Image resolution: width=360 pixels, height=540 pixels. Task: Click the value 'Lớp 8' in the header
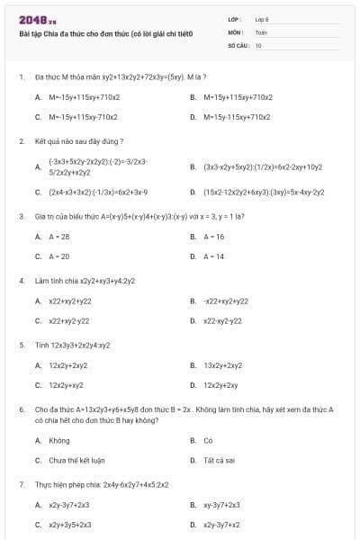(x=262, y=19)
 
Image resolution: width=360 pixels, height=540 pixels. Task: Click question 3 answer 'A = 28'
(x=59, y=237)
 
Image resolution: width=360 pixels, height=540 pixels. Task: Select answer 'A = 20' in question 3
(x=59, y=256)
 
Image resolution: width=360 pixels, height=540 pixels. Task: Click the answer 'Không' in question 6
(x=59, y=440)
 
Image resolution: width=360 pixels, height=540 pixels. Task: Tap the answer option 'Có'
(x=208, y=440)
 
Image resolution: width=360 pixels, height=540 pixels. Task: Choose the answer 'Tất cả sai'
(x=218, y=460)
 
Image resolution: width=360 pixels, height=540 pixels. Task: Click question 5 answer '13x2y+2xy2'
(x=223, y=365)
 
